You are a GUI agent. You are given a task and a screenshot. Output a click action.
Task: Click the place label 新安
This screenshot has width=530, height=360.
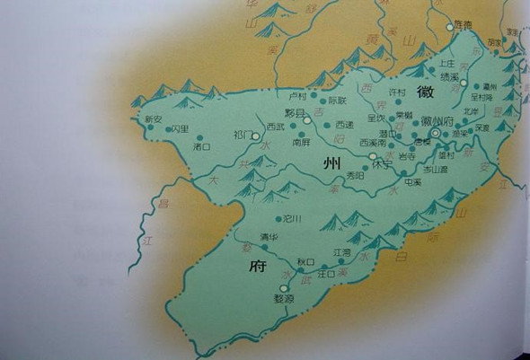coord(152,119)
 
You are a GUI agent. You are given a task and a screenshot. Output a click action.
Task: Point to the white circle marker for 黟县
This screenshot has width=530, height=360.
coord(306,118)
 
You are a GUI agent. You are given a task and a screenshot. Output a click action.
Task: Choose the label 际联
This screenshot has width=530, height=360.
coord(337,101)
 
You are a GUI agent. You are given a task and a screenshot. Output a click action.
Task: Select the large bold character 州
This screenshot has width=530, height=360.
coord(330,162)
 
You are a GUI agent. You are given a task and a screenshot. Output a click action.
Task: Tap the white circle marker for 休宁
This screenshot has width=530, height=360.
coord(373,156)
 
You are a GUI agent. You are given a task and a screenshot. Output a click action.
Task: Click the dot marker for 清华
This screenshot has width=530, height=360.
coord(264,246)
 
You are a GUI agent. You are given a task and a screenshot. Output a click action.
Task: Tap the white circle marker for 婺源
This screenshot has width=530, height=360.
coord(285,289)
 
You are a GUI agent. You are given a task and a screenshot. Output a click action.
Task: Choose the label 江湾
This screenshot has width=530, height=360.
coord(341,253)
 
